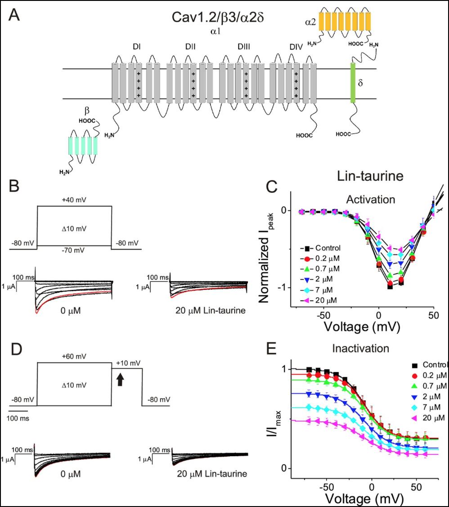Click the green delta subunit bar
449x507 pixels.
tap(353, 83)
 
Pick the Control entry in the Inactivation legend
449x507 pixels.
tap(431, 364)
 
